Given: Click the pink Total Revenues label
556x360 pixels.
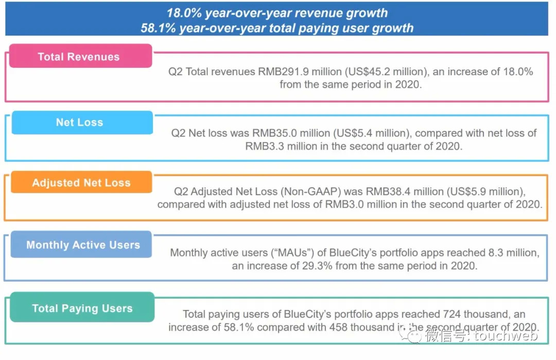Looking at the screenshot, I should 79,57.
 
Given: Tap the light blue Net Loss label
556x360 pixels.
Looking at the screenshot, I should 80,123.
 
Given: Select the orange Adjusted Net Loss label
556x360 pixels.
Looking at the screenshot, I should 81,183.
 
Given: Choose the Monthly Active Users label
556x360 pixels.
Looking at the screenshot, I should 83,245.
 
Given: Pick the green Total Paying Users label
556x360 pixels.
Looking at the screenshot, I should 82,308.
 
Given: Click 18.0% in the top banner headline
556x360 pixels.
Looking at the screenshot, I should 184,13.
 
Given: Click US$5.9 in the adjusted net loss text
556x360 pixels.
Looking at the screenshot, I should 478,192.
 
